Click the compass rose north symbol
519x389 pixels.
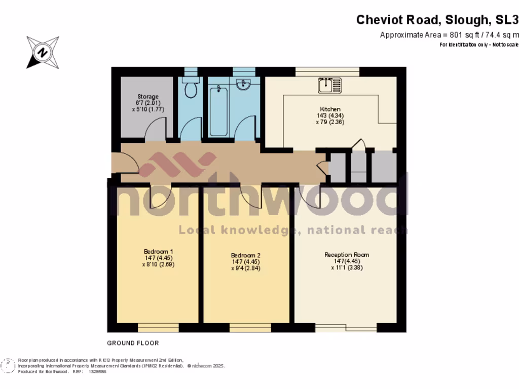click(x=43, y=52)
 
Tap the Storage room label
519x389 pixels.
click(x=148, y=96)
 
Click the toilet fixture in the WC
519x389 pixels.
click(x=191, y=89)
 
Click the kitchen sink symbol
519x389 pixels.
click(x=330, y=85)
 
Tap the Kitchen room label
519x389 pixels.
click(x=330, y=109)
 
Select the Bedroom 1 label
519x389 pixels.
click(x=159, y=251)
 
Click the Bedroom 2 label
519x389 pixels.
click(x=245, y=255)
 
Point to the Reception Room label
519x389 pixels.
click(x=347, y=255)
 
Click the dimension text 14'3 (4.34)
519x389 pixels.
click(x=330, y=115)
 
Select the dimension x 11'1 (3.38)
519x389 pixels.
click(x=347, y=268)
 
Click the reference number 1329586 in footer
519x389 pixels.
click(x=97, y=371)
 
